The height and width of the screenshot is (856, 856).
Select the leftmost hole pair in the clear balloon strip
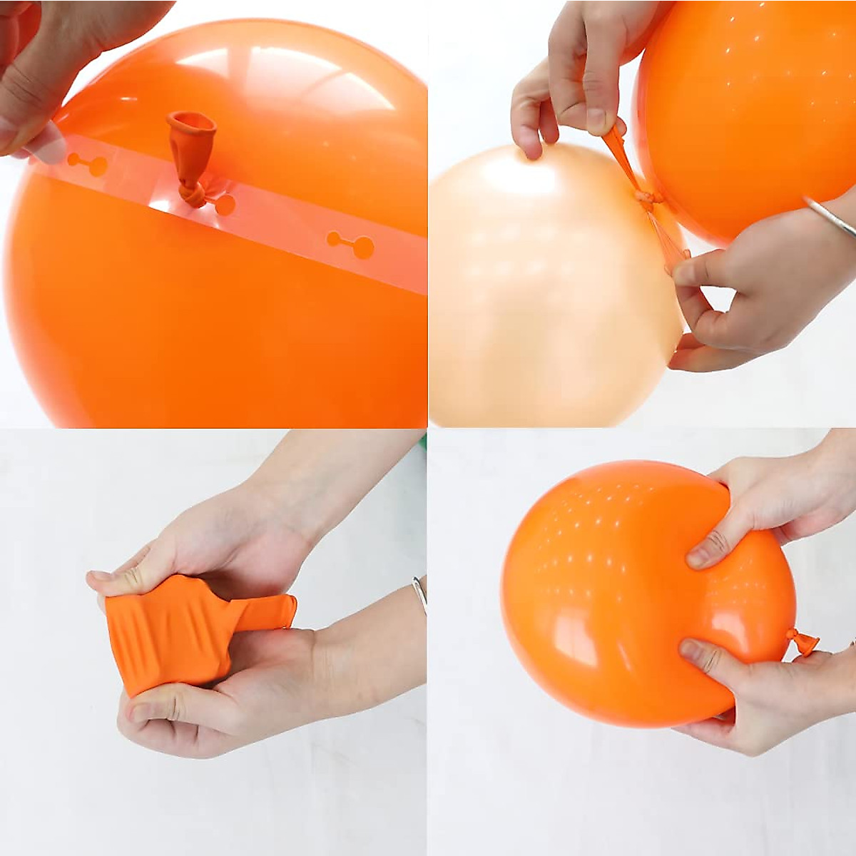87,165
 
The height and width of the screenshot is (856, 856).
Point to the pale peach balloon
542,285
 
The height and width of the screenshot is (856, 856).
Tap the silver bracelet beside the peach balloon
831,218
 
